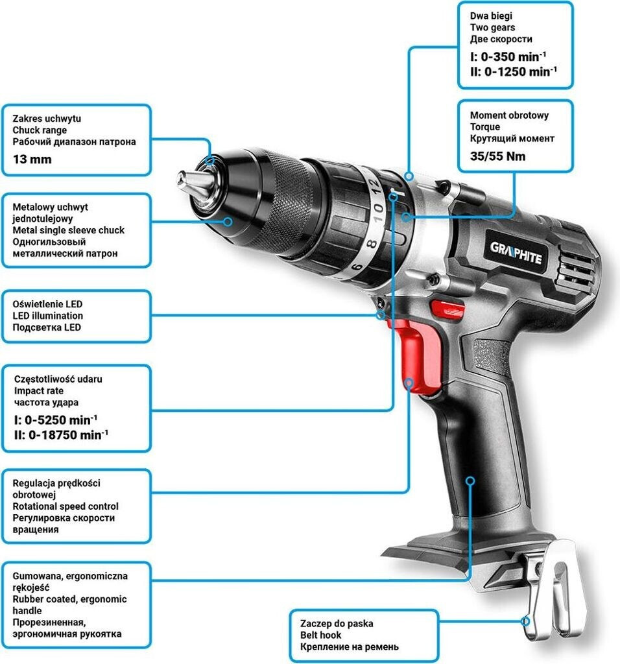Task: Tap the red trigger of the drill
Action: click(416, 357)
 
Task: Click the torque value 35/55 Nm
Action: click(497, 156)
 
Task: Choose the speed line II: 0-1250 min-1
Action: click(514, 71)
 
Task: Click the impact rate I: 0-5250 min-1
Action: click(56, 418)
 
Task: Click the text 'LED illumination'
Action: click(48, 316)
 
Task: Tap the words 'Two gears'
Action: click(492, 27)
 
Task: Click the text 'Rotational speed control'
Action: click(66, 506)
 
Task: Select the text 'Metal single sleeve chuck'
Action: click(69, 230)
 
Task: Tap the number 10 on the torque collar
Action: click(378, 211)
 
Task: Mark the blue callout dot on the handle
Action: click(471, 480)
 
